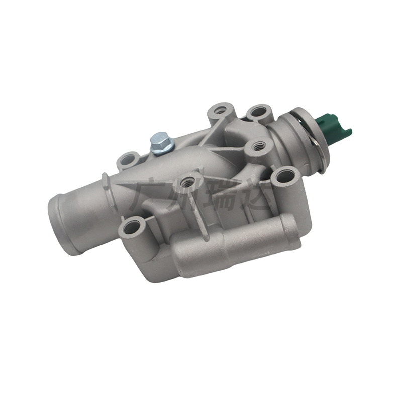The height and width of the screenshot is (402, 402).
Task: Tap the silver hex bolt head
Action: pos(160,139)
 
